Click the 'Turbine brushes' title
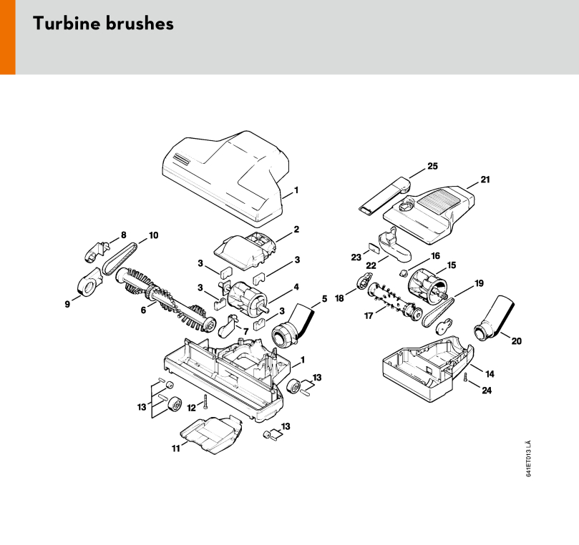[x=103, y=24]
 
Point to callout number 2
[x=296, y=230]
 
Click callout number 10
[x=153, y=235]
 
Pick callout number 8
[x=123, y=234]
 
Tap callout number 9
[x=68, y=304]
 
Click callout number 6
[x=142, y=310]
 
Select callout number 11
[x=176, y=448]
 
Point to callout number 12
[x=191, y=407]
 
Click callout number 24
[x=486, y=391]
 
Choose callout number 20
[x=516, y=340]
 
